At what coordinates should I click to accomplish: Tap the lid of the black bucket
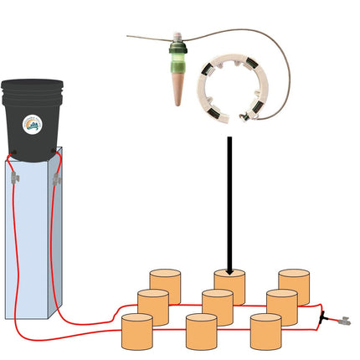[x=32, y=85]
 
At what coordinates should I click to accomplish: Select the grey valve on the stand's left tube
[x=14, y=177]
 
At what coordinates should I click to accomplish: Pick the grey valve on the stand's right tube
[x=56, y=177]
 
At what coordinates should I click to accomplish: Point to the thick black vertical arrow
[x=228, y=201]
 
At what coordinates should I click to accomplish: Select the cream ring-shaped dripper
[x=229, y=88]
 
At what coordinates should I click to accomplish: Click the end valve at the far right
[x=342, y=321]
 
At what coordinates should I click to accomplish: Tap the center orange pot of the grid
[x=218, y=306]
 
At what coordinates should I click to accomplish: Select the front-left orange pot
[x=137, y=332]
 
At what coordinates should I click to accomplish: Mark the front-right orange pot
[x=265, y=332]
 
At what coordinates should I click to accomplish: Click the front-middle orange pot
[x=201, y=332]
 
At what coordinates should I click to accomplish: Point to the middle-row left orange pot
[x=153, y=306]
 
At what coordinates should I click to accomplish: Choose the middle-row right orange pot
[x=281, y=306]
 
